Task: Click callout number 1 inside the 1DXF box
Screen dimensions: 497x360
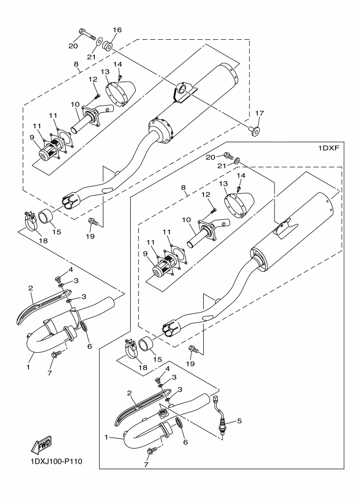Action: pyautogui.click(x=107, y=437)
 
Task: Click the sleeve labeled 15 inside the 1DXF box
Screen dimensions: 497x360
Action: pyautogui.click(x=147, y=345)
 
